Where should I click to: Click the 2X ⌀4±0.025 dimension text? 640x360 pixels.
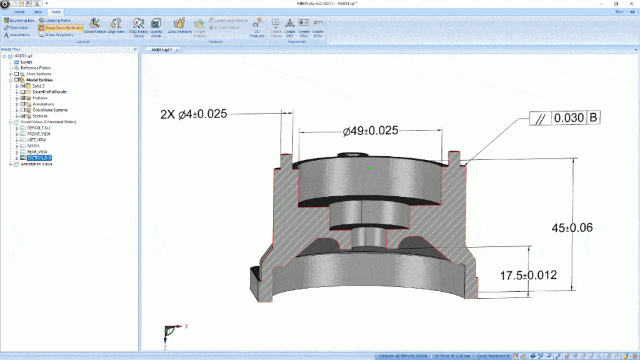[x=193, y=114]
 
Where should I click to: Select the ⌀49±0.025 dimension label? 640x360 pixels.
[x=371, y=131]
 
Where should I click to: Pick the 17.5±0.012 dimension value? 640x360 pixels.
[x=527, y=275]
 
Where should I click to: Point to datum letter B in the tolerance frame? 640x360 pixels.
[x=593, y=118]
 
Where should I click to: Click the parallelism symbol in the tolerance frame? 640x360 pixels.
[x=541, y=118]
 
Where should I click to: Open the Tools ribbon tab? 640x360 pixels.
[x=56, y=12]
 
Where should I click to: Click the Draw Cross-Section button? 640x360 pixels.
[x=61, y=27]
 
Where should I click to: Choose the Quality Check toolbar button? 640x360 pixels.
[x=156, y=27]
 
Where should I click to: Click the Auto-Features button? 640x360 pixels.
[x=179, y=27]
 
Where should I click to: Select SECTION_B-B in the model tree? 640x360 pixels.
[x=39, y=158]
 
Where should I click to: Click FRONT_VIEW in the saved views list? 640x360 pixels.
[x=39, y=134]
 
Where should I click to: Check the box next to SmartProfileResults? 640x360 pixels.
[x=23, y=92]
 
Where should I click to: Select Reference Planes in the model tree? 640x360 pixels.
[x=36, y=67]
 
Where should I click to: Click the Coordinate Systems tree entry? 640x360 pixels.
[x=49, y=110]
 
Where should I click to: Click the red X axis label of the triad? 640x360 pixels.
[x=186, y=326]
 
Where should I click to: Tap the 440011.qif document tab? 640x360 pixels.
[x=159, y=49]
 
